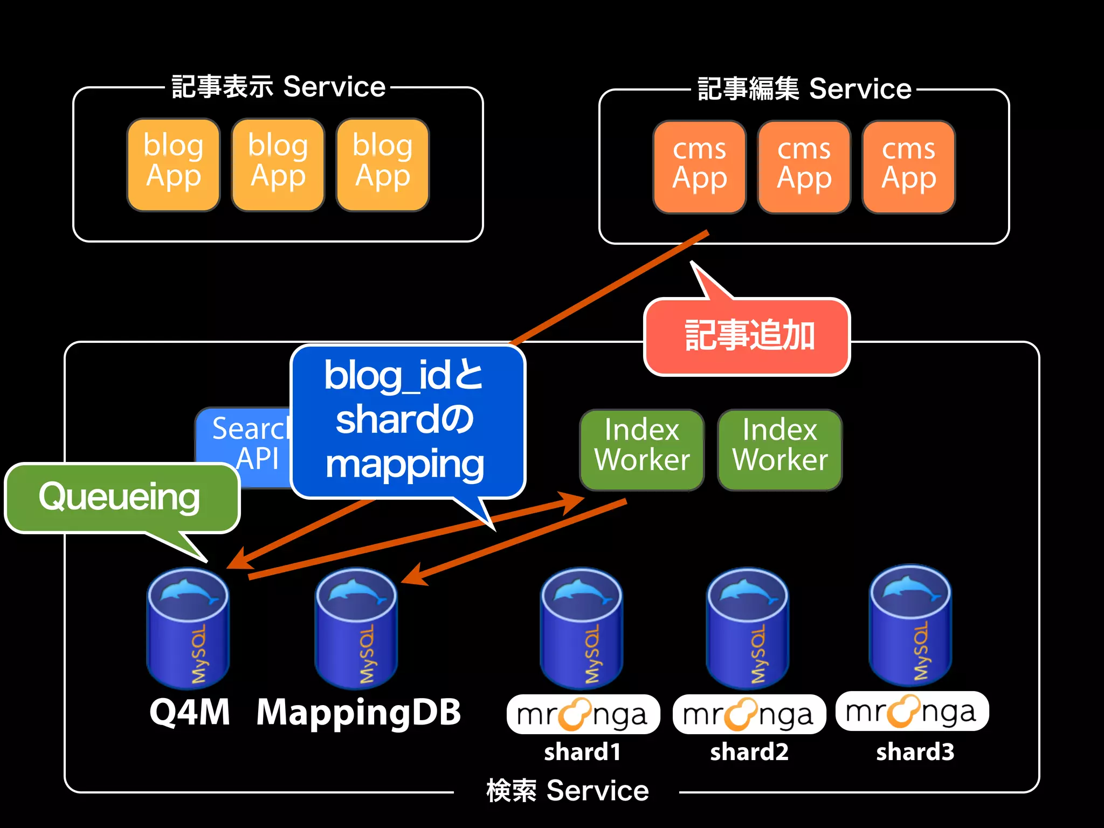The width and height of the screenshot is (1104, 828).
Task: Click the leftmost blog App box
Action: [174, 164]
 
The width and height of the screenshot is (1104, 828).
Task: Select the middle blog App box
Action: [278, 164]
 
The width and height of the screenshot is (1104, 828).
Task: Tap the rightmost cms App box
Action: [908, 167]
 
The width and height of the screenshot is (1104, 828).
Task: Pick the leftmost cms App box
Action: [699, 167]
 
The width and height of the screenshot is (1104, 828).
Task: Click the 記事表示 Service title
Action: [278, 87]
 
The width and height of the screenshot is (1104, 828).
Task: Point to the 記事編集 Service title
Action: [804, 89]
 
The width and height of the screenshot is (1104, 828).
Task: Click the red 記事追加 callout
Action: [747, 336]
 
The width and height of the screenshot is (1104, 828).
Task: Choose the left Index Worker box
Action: [641, 449]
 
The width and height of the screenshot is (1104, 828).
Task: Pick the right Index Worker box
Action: [779, 449]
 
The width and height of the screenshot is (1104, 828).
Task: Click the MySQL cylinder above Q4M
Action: [188, 628]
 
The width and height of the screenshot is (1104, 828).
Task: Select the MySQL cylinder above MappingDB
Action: [356, 628]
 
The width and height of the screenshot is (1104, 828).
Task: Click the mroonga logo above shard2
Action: [749, 715]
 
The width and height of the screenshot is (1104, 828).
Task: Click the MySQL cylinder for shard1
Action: [582, 628]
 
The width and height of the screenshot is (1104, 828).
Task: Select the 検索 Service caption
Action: [567, 791]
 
